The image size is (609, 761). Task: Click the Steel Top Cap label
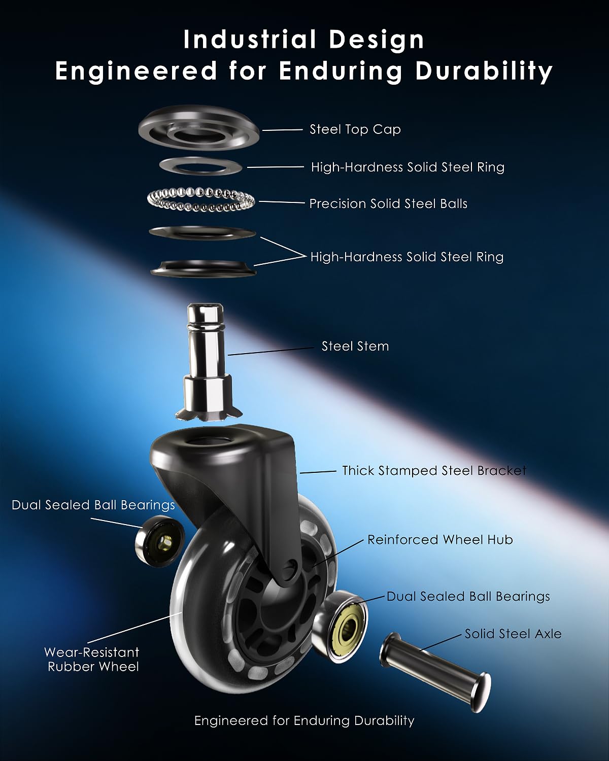pos(355,130)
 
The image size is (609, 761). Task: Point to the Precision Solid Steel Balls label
pos(388,203)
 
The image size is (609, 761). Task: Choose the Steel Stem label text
pos(355,346)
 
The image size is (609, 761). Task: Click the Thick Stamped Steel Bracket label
pos(434,471)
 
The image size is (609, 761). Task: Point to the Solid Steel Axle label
pos(513,634)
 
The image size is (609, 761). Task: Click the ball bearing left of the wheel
pos(159,541)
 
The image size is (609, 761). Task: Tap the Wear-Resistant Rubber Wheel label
pos(92,660)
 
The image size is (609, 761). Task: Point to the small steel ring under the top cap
pos(200,166)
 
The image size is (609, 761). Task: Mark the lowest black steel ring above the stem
pos(204,268)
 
